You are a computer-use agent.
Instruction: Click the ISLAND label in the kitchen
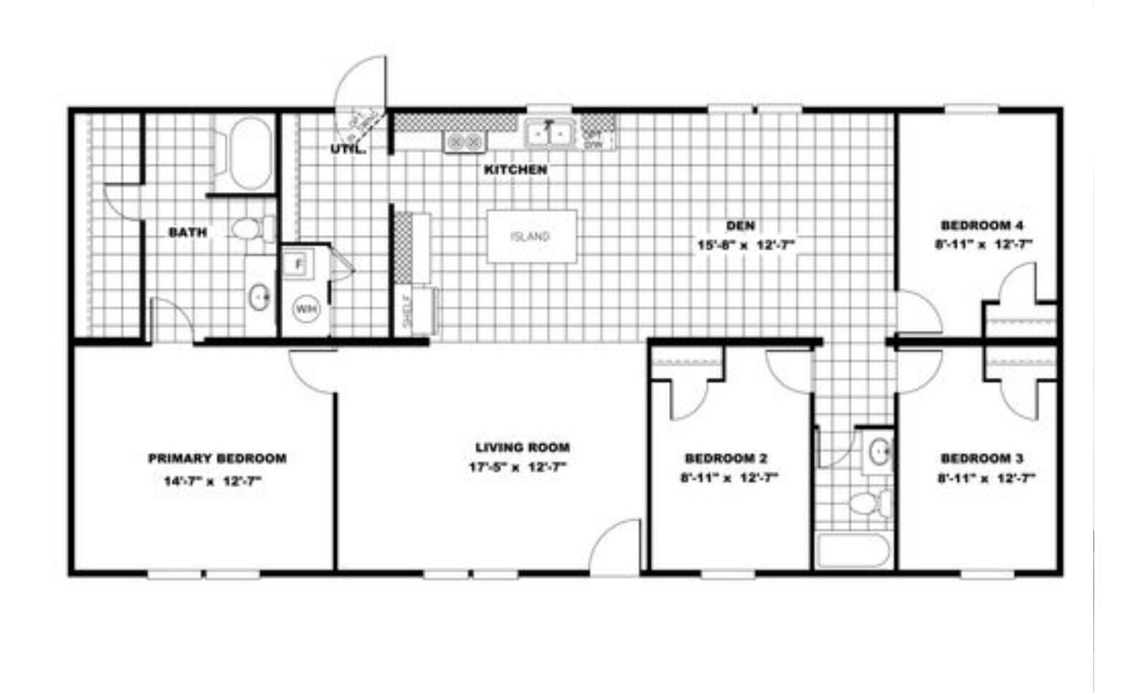point(530,236)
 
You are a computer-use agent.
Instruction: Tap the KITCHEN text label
point(516,170)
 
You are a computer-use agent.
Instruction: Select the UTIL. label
point(348,150)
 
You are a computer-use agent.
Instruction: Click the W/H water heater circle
point(305,310)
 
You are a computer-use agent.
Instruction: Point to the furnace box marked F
point(299,264)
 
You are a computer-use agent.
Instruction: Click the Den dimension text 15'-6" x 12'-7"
point(746,244)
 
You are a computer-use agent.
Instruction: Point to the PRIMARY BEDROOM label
point(217,458)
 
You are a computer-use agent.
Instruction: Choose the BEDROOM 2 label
point(726,458)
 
